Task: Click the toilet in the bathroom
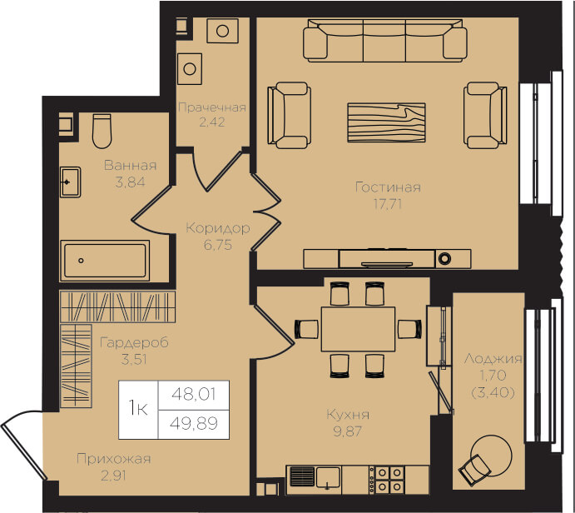pyautogui.click(x=102, y=131)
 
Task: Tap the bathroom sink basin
pyautogui.click(x=71, y=182)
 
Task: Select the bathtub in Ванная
pyautogui.click(x=105, y=261)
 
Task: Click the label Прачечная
pyautogui.click(x=212, y=107)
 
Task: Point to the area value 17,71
pyautogui.click(x=388, y=204)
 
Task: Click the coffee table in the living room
pyautogui.click(x=386, y=122)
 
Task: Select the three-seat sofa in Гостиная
pyautogui.click(x=385, y=41)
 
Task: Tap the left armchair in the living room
pyautogui.click(x=290, y=115)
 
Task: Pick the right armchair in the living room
pyautogui.click(x=485, y=115)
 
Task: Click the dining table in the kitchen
pyautogui.click(x=359, y=329)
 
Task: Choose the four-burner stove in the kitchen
pyautogui.click(x=389, y=479)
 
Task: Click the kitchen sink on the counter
pyautogui.click(x=328, y=478)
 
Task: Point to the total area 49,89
pyautogui.click(x=194, y=423)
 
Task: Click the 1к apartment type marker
pyautogui.click(x=138, y=408)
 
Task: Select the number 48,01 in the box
pyautogui.click(x=194, y=395)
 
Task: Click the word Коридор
pyautogui.click(x=218, y=228)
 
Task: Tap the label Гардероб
pyautogui.click(x=134, y=343)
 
